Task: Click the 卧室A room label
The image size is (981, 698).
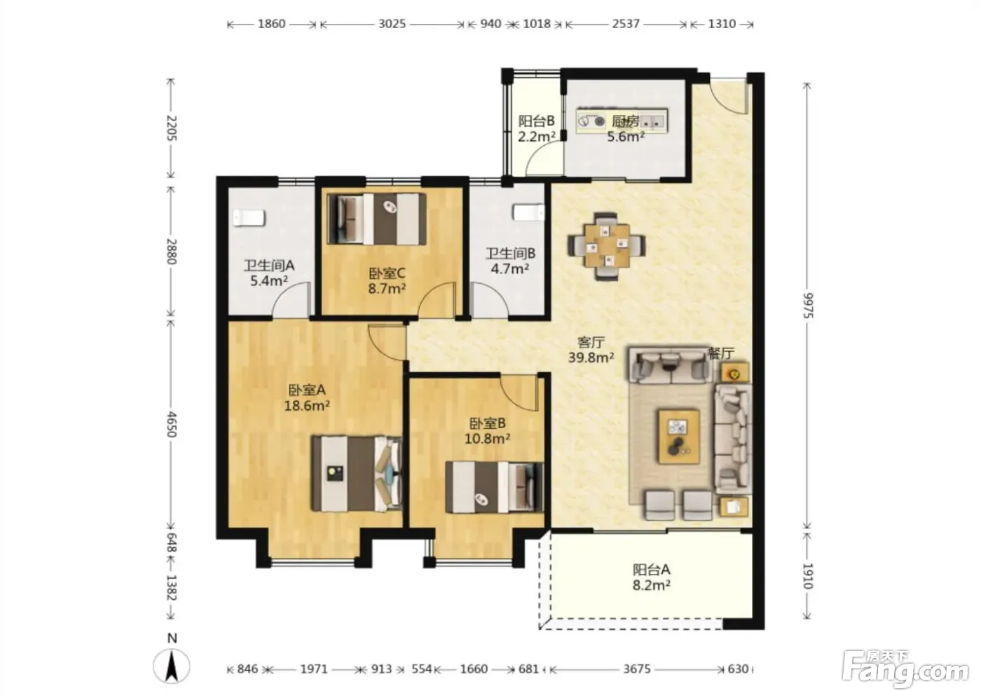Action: pos(307,390)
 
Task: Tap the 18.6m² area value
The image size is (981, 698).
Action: pos(307,406)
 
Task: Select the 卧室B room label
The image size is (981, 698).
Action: pos(488,423)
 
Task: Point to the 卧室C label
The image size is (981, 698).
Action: pos(387,274)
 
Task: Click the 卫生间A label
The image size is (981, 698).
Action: pos(269,266)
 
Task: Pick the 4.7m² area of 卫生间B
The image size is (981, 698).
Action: pos(510,268)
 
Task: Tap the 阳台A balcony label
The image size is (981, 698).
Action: pos(651,569)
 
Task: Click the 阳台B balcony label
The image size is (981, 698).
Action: pos(537,121)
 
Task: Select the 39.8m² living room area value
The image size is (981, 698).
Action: pos(591,357)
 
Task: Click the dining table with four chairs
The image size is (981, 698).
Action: pos(607,246)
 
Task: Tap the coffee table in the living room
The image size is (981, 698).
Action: pos(679,436)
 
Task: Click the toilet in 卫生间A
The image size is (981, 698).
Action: pos(248,218)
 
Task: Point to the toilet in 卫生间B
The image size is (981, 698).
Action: pos(529,213)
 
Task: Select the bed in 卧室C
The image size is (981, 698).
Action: pos(377,219)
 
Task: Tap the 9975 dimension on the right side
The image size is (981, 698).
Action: pos(809,306)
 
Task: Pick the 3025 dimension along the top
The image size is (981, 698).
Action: pos(392,24)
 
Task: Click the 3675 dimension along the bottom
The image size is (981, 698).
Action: pos(637,669)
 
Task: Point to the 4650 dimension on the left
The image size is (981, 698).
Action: pos(171,424)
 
